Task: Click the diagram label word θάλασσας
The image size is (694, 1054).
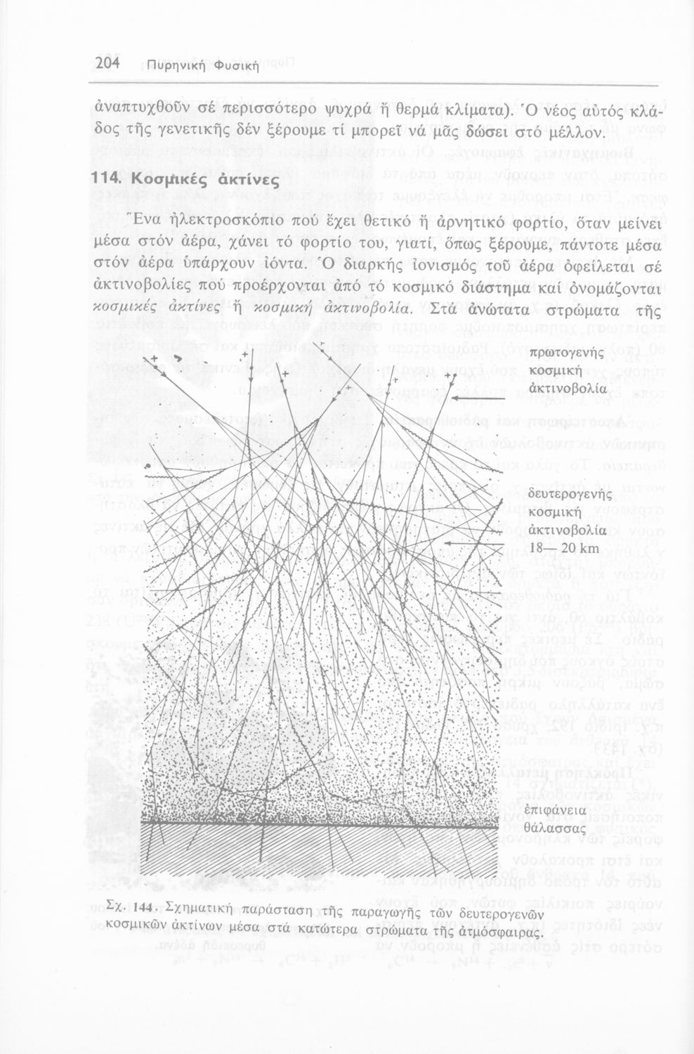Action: pos(559,828)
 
